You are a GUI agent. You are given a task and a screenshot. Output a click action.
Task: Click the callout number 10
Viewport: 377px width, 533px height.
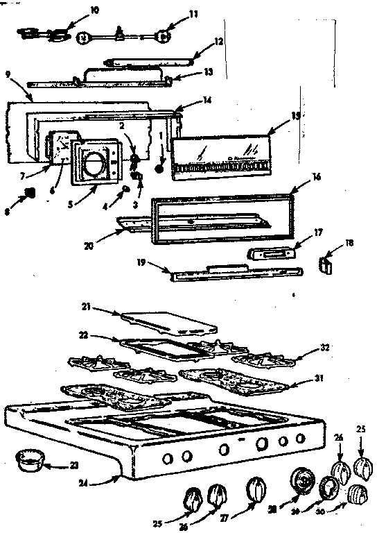(x=94, y=10)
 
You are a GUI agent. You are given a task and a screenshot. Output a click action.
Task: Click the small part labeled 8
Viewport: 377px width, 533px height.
(x=28, y=192)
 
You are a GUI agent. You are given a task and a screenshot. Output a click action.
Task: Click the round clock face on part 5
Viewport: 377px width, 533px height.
(x=93, y=164)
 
